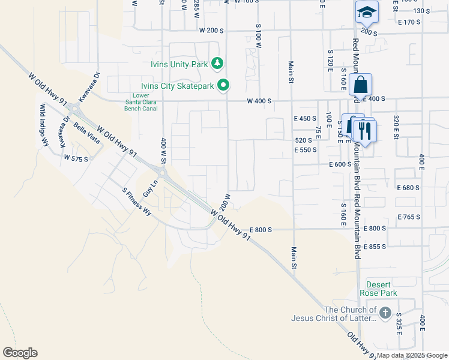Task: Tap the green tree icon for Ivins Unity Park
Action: pos(217,63)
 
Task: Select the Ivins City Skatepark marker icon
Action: pos(223,86)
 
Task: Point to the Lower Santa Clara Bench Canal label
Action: pos(141,103)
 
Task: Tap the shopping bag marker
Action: pos(360,85)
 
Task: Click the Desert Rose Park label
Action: pos(378,289)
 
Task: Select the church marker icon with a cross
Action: pos(385,313)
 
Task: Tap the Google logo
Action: pos(20,353)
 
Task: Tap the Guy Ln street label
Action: pos(149,188)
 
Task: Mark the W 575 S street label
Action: pos(76,158)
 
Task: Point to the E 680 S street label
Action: pos(408,188)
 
